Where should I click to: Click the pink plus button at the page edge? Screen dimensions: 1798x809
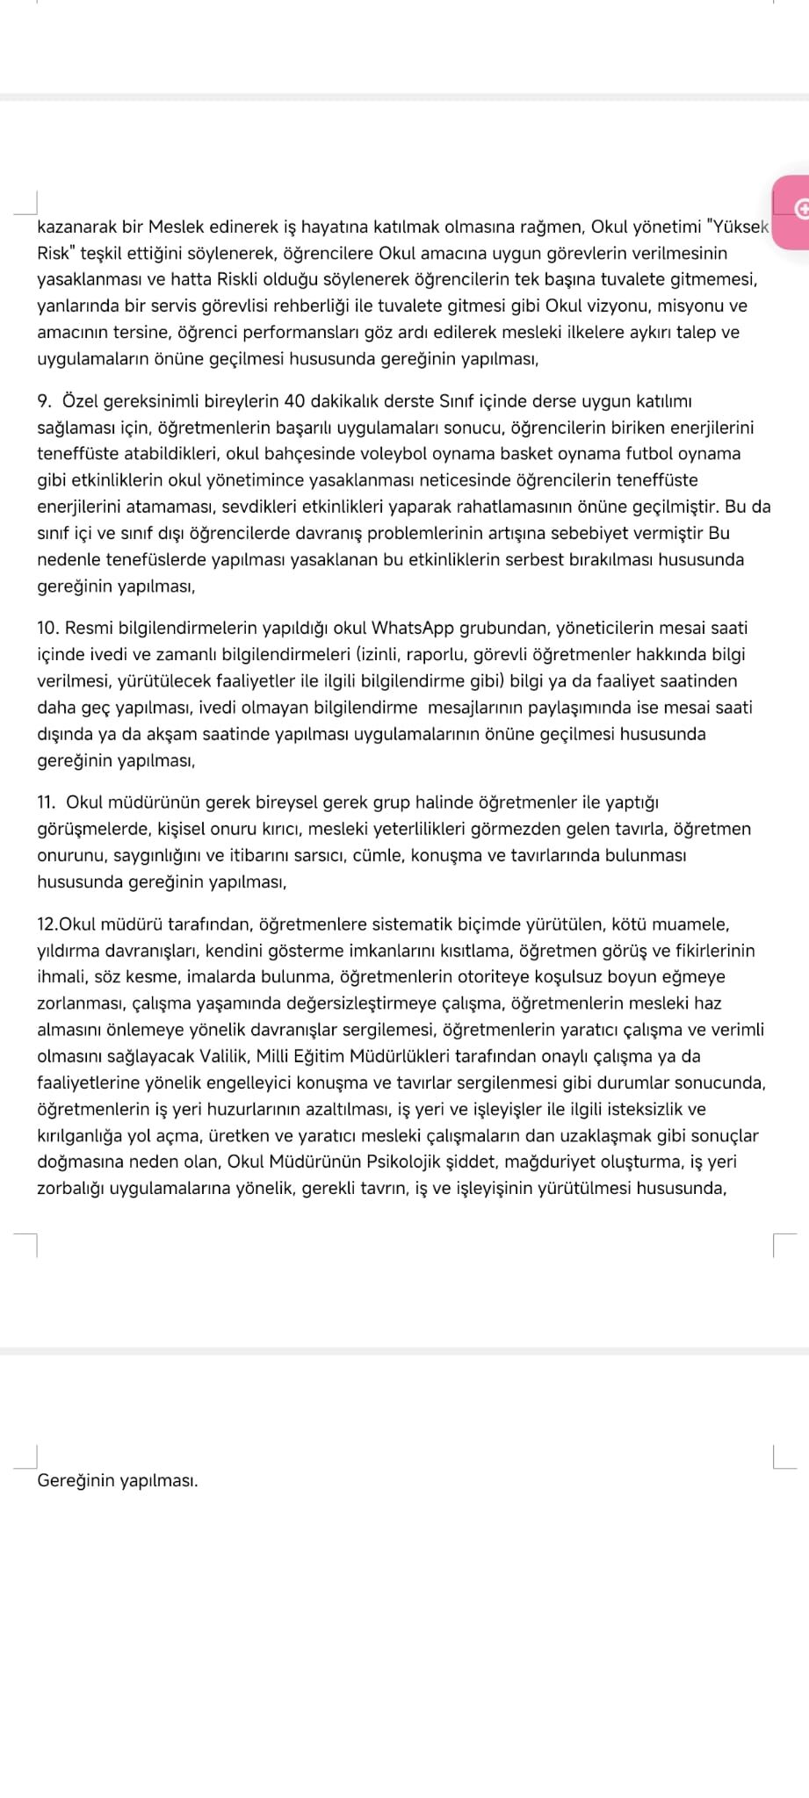pos(800,208)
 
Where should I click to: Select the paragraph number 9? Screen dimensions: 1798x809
pos(44,401)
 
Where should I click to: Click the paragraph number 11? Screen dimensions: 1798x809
pos(47,802)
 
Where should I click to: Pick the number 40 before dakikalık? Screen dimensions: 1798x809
pos(295,401)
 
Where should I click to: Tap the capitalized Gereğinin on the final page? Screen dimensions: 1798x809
pos(76,1481)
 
